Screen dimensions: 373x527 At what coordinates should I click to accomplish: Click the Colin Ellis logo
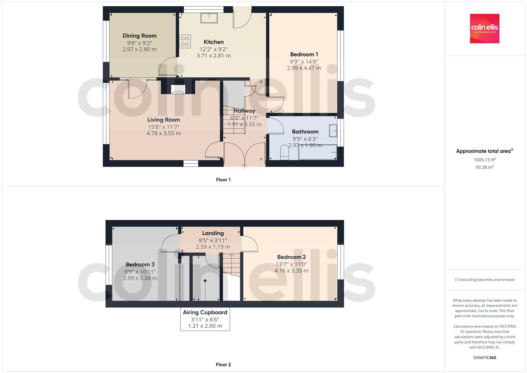pyautogui.click(x=484, y=28)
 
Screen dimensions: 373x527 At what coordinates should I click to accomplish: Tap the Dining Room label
pyautogui.click(x=139, y=36)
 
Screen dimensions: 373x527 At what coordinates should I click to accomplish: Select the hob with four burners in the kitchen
pyautogui.click(x=185, y=41)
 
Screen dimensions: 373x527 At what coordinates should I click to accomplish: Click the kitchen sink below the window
pyautogui.click(x=209, y=18)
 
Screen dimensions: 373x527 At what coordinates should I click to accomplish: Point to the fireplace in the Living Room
pyautogui.click(x=178, y=90)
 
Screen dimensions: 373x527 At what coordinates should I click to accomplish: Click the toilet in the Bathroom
pyautogui.click(x=284, y=153)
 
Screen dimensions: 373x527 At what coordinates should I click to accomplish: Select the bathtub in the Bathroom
pyautogui.click(x=318, y=152)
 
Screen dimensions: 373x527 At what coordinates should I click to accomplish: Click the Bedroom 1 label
pyautogui.click(x=304, y=54)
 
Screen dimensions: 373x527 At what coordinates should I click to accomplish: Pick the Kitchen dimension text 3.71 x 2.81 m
pyautogui.click(x=214, y=56)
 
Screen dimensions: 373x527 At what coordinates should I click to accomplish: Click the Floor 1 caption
pyautogui.click(x=223, y=180)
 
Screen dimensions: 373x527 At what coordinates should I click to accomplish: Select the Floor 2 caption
pyautogui.click(x=223, y=364)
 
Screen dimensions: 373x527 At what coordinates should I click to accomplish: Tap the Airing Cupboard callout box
pyautogui.click(x=205, y=319)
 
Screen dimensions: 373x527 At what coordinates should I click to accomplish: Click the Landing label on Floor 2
pyautogui.click(x=213, y=233)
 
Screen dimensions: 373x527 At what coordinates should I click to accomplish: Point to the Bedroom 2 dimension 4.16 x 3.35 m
pyautogui.click(x=291, y=271)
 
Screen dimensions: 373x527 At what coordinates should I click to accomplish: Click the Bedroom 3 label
pyautogui.click(x=140, y=265)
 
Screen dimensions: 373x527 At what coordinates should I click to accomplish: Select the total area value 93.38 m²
pyautogui.click(x=484, y=167)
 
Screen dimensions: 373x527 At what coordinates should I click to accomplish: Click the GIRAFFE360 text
pyautogui.click(x=484, y=357)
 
